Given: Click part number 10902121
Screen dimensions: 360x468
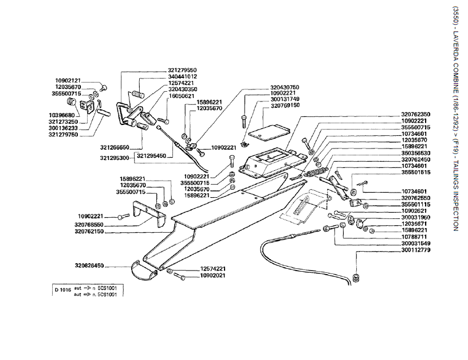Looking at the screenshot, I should click(x=68, y=80).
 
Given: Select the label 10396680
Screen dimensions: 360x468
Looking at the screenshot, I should click(x=68, y=115).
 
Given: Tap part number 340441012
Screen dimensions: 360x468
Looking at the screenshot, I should click(x=182, y=76).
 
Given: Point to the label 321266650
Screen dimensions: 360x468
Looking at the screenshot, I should click(x=114, y=147).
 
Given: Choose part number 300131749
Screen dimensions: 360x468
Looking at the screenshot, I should click(x=285, y=99).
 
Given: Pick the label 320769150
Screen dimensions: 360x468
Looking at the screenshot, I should click(x=285, y=105).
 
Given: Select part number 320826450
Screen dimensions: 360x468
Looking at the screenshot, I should click(x=88, y=265).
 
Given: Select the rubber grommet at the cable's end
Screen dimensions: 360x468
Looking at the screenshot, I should click(x=356, y=279).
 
